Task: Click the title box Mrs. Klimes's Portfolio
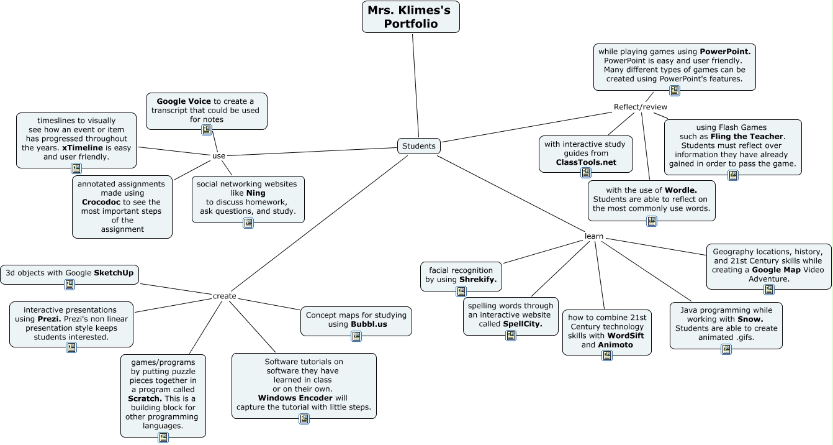(x=410, y=17)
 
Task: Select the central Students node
(x=419, y=146)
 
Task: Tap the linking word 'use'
(x=218, y=156)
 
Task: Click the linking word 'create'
(x=224, y=296)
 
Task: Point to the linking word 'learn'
(x=594, y=236)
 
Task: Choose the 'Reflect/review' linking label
(x=641, y=107)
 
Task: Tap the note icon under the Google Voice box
(x=207, y=130)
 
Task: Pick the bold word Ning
(x=256, y=193)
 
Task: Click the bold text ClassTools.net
(x=586, y=162)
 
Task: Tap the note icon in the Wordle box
(x=652, y=221)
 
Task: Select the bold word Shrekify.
(x=478, y=280)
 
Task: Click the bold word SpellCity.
(x=523, y=324)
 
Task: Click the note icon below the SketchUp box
(x=70, y=285)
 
